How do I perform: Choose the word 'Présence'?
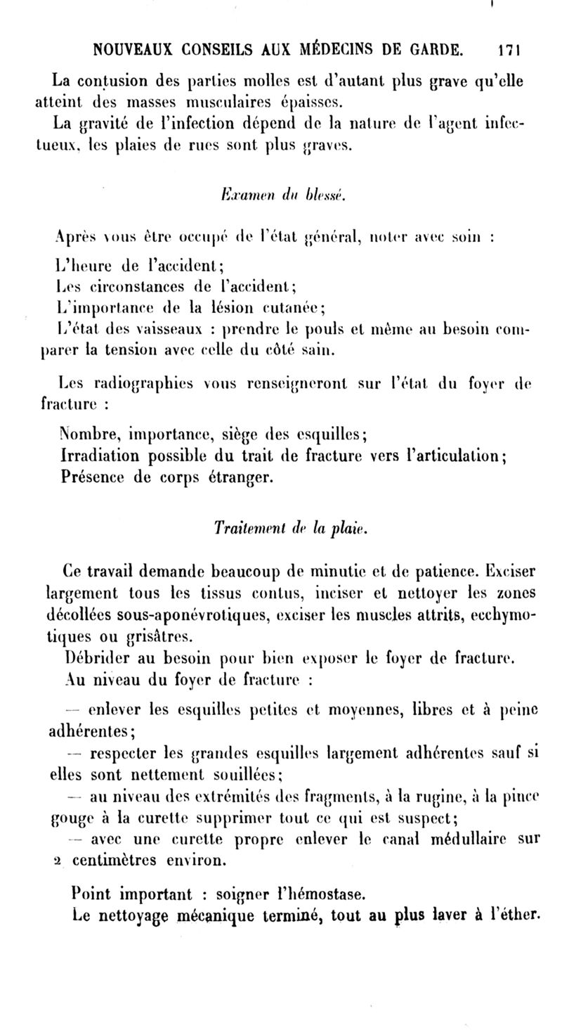click(x=91, y=477)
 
